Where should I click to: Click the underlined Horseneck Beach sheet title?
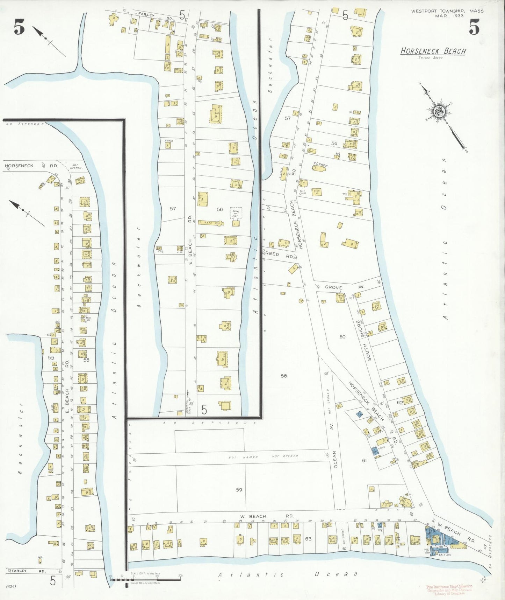(433, 51)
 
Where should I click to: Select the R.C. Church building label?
(320, 163)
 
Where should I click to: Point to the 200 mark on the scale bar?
(180, 575)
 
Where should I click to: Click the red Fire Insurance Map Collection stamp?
(449, 589)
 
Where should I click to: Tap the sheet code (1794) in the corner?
(12, 586)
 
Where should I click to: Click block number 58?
(284, 376)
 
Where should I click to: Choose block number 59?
(239, 490)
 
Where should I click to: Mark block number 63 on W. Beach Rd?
(308, 539)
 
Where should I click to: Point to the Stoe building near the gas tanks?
(317, 192)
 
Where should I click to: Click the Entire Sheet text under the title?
(431, 58)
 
